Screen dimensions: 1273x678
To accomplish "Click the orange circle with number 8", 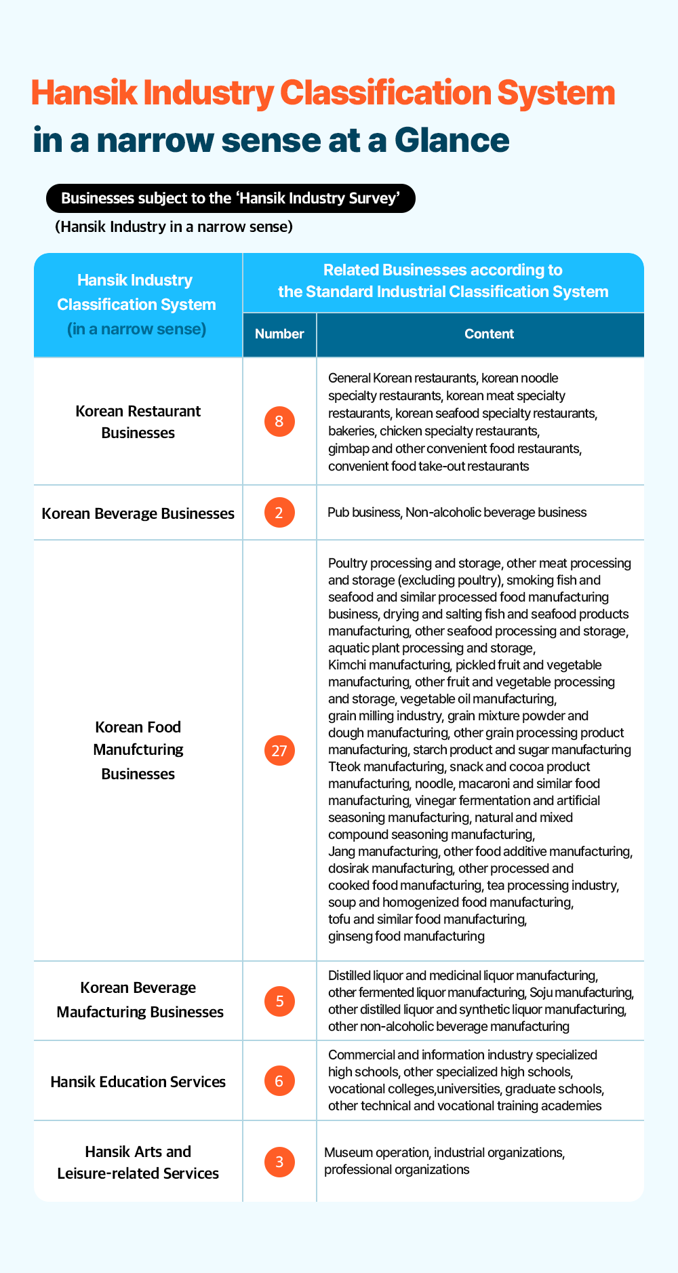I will click(x=279, y=422).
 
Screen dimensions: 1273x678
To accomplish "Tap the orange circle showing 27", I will click(x=279, y=751).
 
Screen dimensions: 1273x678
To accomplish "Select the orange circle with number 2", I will click(x=279, y=513).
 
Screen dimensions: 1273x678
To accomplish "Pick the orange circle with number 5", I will click(x=279, y=1001).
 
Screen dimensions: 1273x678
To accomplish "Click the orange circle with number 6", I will click(x=279, y=1080).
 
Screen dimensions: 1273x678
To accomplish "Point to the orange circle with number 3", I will click(x=279, y=1162).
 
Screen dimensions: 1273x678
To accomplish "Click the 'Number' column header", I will click(x=279, y=334).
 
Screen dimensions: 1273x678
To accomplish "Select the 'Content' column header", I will click(x=489, y=334).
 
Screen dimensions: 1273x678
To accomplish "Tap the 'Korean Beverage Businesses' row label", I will click(x=138, y=513).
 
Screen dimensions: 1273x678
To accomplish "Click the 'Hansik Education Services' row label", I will click(x=138, y=1082).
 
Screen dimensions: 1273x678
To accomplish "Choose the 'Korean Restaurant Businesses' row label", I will click(x=138, y=422).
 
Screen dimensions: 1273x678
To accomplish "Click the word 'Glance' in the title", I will click(x=452, y=140).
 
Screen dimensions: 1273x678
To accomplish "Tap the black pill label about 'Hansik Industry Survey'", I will click(x=230, y=198).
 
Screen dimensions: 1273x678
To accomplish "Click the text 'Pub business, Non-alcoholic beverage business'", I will click(x=457, y=512).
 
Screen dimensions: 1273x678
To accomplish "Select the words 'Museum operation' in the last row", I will click(x=376, y=1152).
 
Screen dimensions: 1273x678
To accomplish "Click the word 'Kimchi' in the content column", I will click(x=346, y=665).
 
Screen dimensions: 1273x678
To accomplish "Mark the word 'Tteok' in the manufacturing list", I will click(x=345, y=766).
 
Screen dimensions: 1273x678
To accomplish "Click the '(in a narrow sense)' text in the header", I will click(x=137, y=329).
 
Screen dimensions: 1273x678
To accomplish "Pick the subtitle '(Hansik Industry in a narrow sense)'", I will click(x=174, y=227).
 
